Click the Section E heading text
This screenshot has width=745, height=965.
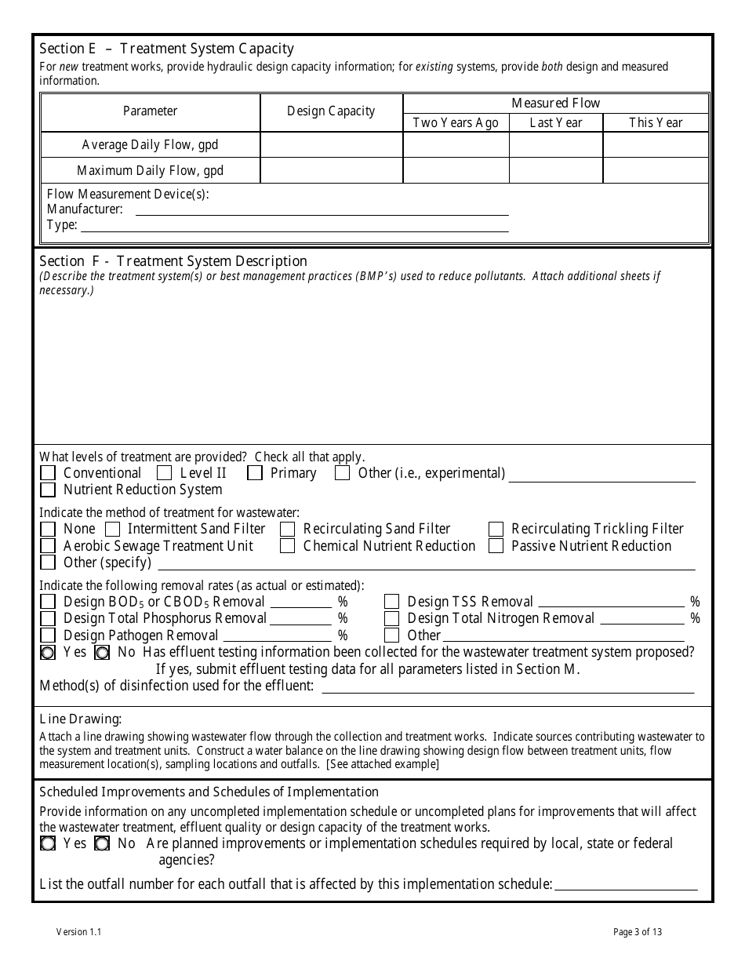[166, 49]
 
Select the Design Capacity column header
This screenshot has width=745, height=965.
[331, 111]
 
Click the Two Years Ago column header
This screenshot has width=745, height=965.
[456, 122]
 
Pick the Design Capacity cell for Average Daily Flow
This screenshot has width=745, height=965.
[331, 145]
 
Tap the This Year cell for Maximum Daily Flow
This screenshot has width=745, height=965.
[656, 170]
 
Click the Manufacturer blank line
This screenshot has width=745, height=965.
[322, 209]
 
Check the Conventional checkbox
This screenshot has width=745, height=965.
[48, 473]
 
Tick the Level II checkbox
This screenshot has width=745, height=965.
[164, 473]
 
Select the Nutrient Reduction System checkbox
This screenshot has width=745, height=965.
[48, 490]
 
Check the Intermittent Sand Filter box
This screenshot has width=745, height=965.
[113, 530]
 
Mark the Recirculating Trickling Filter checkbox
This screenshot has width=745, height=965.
[496, 530]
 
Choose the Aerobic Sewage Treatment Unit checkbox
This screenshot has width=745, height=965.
[48, 546]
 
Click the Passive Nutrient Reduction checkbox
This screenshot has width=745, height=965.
[496, 546]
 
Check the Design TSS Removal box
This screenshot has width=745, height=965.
[391, 602]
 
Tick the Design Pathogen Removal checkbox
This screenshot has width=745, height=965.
[48, 635]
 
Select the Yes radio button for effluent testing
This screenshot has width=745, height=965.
[48, 653]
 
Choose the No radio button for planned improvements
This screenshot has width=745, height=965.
[102, 844]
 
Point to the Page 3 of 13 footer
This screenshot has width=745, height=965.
[638, 932]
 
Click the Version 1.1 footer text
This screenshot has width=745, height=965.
[78, 932]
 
